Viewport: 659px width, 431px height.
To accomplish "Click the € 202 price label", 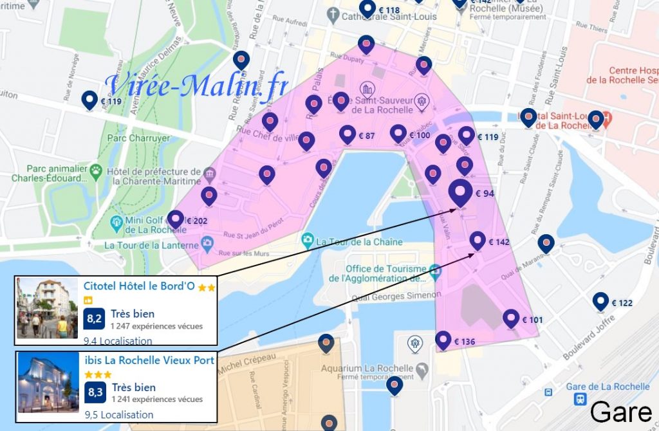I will point(196,221).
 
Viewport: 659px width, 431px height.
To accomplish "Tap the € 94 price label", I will point(485,193).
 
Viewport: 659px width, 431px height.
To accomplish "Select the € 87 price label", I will point(366,136).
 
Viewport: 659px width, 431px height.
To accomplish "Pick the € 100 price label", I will point(420,135).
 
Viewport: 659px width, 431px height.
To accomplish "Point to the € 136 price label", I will point(464,341).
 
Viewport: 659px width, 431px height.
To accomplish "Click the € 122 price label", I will point(622,303).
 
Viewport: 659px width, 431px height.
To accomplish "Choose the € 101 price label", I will point(532,320).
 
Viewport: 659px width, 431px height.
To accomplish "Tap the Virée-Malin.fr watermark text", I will point(197,86).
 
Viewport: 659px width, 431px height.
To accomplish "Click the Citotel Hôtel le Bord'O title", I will point(139,286).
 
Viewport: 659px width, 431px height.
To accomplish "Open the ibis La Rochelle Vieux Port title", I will point(149,360).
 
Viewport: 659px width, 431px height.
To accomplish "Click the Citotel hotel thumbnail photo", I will point(47,309).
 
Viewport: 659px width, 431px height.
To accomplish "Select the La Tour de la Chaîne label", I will point(362,242).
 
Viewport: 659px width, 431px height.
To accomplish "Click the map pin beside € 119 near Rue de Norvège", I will point(90,100).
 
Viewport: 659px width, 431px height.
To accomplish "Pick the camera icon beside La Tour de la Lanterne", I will point(207,244).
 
